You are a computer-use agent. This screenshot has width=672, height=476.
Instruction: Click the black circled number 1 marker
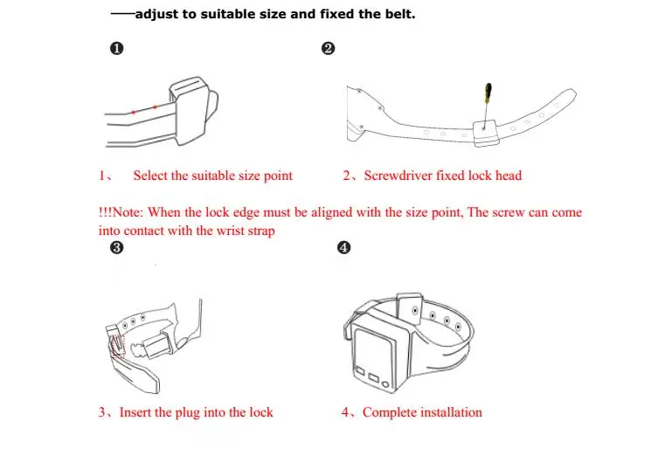coord(116,48)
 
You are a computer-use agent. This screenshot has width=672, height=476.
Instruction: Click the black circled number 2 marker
coord(328,48)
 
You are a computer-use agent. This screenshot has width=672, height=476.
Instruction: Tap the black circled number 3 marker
coord(116,248)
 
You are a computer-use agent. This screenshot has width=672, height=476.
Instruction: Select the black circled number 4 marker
coord(343,248)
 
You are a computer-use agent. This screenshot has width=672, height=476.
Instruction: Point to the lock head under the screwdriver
coord(486,133)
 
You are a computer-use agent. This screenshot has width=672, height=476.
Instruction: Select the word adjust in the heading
coord(156,15)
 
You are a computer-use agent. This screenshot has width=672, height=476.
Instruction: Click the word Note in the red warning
coord(127,212)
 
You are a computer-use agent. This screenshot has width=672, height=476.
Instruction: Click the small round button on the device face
coord(385,384)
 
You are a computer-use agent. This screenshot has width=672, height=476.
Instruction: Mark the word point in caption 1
coord(278,176)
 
